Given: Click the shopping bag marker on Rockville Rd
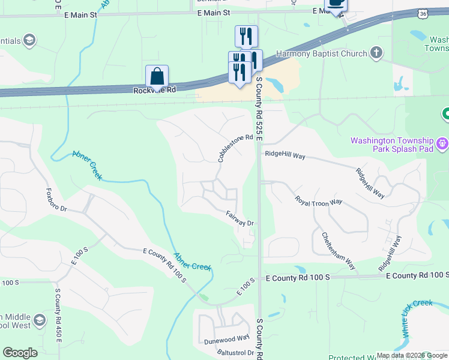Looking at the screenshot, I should pyautogui.click(x=157, y=77).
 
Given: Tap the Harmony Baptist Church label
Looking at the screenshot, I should pyautogui.click(x=321, y=53).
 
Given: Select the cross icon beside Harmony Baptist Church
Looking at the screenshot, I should pyautogui.click(x=376, y=53).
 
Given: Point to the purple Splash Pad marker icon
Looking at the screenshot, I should pyautogui.click(x=442, y=144).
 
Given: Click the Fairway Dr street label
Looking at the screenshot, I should pyautogui.click(x=240, y=218).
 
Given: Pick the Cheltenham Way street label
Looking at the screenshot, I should pyautogui.click(x=339, y=251).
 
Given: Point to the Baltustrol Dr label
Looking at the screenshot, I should pyautogui.click(x=235, y=352).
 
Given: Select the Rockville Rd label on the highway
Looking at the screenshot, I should pyautogui.click(x=154, y=90).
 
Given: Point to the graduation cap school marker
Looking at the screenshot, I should pyautogui.click(x=40, y=320).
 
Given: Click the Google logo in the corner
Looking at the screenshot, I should pyautogui.click(x=20, y=353).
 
